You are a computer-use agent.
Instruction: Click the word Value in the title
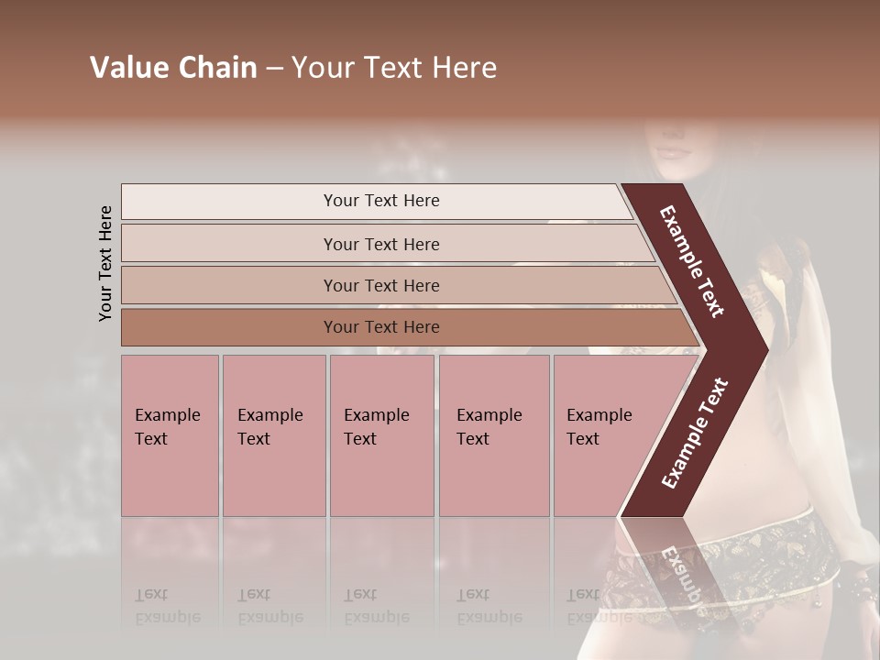(126, 68)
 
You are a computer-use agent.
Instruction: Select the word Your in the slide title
(321, 68)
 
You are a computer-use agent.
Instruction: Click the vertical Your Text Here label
(105, 263)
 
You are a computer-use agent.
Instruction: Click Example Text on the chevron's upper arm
(692, 261)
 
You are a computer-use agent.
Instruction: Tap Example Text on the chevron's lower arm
(695, 433)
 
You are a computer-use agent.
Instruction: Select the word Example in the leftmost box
(167, 415)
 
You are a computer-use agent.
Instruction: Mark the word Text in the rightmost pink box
(583, 439)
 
